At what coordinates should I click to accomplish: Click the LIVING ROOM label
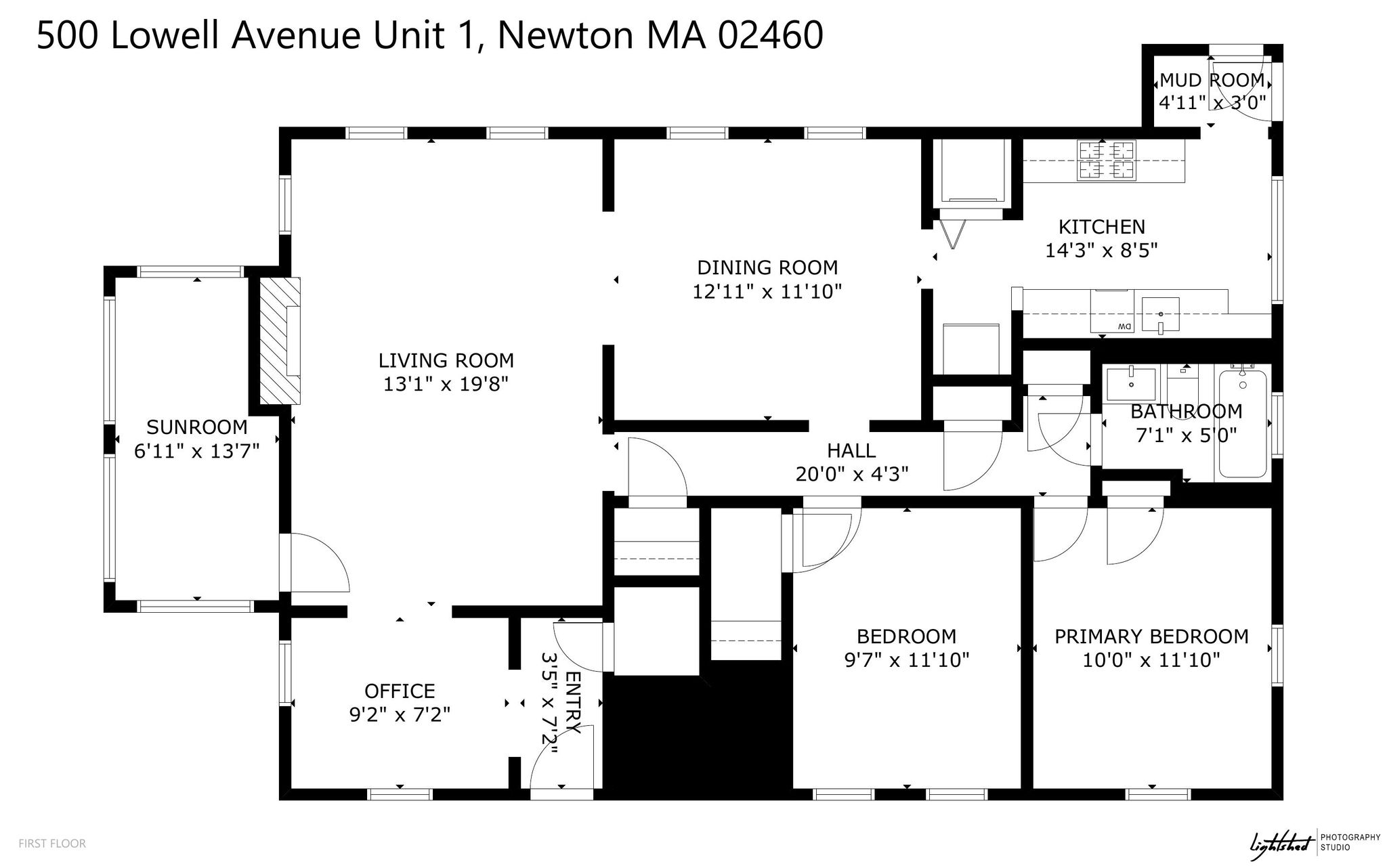click(x=446, y=360)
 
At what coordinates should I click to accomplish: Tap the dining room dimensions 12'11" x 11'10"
click(x=767, y=292)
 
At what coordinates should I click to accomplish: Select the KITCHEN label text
click(x=1102, y=227)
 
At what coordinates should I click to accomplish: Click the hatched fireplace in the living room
click(x=280, y=341)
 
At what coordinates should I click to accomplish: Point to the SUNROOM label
click(x=197, y=427)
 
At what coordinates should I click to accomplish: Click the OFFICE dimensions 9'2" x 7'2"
click(x=400, y=715)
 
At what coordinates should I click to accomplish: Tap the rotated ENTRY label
click(x=573, y=703)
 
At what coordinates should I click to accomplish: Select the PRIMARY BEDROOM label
click(x=1151, y=636)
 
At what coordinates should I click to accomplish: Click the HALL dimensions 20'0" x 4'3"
click(x=851, y=474)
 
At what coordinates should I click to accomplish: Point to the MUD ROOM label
click(x=1212, y=81)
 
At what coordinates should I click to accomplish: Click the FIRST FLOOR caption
click(x=52, y=844)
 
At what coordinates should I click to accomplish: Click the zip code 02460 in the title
click(x=769, y=35)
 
